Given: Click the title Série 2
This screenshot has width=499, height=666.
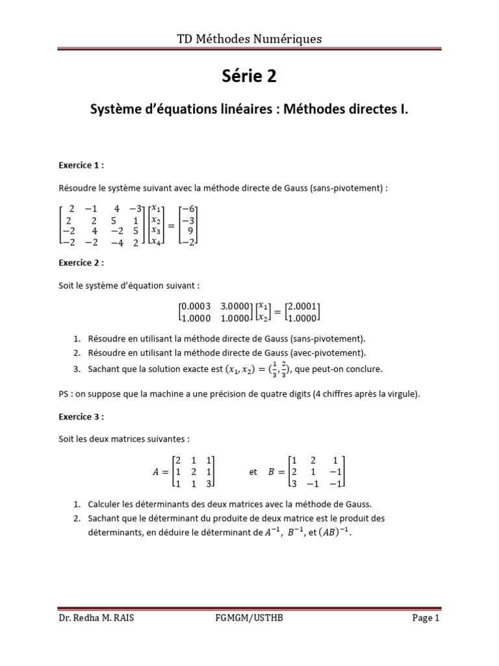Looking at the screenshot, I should tap(249, 76).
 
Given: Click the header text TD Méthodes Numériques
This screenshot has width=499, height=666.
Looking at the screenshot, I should tap(249, 39).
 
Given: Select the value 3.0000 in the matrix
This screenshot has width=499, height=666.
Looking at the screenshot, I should tap(234, 306).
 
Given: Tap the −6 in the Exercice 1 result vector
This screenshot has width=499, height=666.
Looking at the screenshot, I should tap(188, 209).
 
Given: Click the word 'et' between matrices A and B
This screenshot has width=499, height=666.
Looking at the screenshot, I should tap(253, 472).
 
